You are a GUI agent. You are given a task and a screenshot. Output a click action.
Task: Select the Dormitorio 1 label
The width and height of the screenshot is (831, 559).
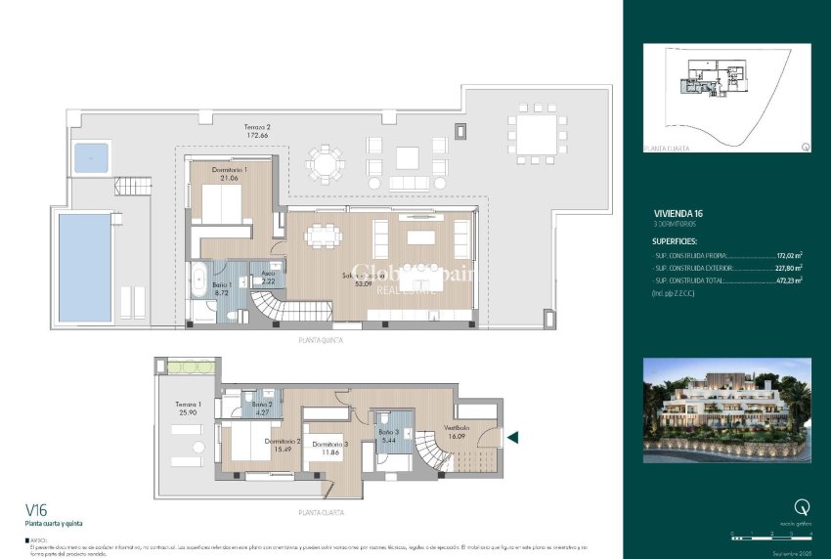click(x=230, y=173)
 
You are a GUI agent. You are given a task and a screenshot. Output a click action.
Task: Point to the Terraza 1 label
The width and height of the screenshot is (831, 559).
click(x=188, y=408)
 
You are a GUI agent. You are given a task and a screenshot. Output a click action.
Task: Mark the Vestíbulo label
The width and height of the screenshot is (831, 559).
click(x=458, y=431)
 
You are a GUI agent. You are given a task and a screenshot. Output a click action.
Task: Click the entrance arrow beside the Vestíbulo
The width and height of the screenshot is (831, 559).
click(x=511, y=438)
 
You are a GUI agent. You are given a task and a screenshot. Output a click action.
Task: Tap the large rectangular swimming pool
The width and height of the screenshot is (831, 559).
click(x=85, y=267)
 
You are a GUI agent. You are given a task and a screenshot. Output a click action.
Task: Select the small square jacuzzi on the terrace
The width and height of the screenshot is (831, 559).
click(x=91, y=156)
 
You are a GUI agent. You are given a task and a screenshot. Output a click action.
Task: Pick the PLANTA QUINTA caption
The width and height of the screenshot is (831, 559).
click(x=321, y=342)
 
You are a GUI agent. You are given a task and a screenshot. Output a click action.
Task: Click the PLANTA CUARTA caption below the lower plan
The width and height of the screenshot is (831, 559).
click(x=321, y=512)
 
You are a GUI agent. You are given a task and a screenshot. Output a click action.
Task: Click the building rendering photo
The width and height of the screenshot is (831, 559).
click(x=727, y=409)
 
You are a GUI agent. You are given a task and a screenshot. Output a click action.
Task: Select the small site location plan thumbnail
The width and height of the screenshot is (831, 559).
click(x=727, y=98)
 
